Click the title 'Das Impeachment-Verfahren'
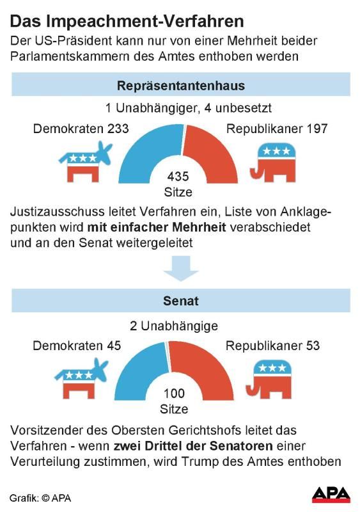point(127,22)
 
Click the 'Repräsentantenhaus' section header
point(181,85)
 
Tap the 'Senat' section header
point(181,301)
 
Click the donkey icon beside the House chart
point(86,163)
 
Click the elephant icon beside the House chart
point(274,163)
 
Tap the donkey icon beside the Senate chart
point(81,379)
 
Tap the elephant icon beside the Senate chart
point(269,380)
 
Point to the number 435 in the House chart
point(178,177)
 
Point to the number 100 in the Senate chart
point(174,394)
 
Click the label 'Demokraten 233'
point(81,129)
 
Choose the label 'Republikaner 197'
point(277,129)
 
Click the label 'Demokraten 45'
point(77,346)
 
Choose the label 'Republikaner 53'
point(272,346)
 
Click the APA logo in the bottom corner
point(331,495)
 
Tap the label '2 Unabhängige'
point(174,326)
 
